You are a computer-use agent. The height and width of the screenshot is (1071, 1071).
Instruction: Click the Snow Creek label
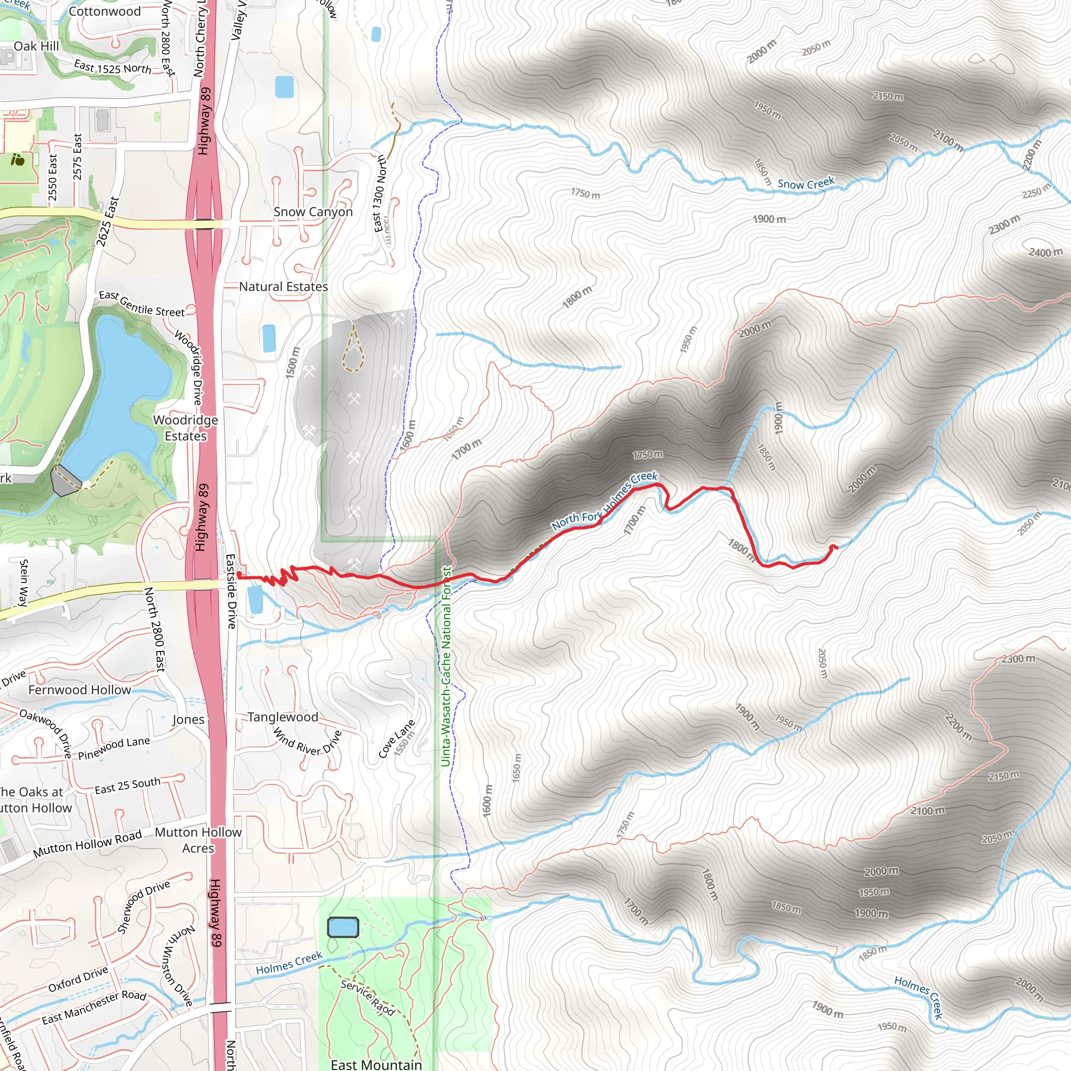[x=805, y=184]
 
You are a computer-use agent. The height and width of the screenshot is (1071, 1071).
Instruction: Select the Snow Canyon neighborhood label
[x=313, y=212]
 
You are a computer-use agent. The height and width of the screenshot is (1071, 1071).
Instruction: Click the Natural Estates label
[x=283, y=287]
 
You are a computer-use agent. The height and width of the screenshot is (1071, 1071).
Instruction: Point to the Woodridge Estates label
[x=185, y=428]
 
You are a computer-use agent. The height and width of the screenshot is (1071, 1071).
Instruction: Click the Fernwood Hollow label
[x=80, y=690]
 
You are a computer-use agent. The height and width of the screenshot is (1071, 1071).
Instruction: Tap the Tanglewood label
[x=283, y=717]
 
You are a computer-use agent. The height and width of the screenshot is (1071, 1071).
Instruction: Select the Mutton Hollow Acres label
[x=198, y=840]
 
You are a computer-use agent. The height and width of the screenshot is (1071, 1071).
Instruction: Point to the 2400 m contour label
[x=1045, y=252]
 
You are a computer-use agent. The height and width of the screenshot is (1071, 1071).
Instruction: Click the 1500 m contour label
[x=293, y=363]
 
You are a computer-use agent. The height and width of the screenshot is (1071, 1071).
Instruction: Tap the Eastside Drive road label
[x=231, y=591]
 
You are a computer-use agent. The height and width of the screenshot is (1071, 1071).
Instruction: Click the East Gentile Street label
[x=142, y=304]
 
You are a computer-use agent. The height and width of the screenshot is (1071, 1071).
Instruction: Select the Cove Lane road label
[x=396, y=738]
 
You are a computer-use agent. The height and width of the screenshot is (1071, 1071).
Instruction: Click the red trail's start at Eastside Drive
[x=238, y=575]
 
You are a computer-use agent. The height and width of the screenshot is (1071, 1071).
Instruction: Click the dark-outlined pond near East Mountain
[x=343, y=927]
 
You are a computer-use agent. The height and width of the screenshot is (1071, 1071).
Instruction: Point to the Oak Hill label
[x=36, y=46]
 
